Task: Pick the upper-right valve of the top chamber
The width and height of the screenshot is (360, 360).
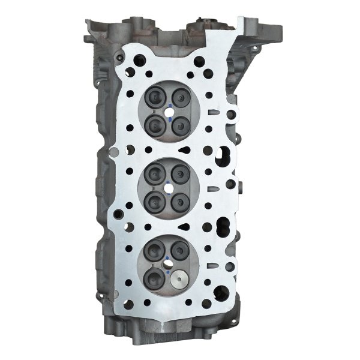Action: [x=179, y=96]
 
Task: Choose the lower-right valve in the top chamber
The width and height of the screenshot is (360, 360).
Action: [x=180, y=123]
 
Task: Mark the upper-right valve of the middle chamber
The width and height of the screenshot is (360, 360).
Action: [x=179, y=174]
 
